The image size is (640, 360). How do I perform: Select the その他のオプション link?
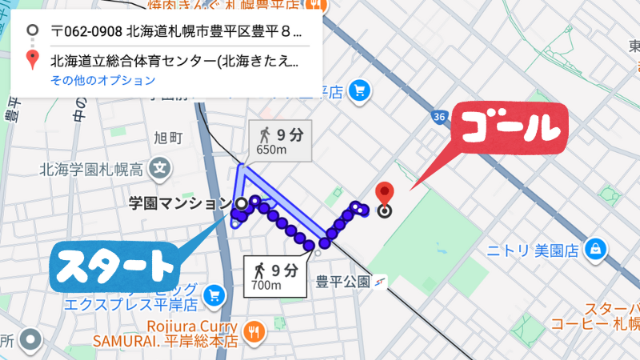point(102,81)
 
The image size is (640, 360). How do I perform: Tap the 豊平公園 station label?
point(342,282)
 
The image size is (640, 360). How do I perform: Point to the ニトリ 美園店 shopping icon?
point(594,250)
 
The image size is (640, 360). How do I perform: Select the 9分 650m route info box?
point(279,140)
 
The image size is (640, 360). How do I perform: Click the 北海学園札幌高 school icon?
point(161,170)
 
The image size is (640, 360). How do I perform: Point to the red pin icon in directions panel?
point(33,59)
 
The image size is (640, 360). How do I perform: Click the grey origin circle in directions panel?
point(33,32)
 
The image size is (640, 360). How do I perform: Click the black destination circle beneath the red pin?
point(385,212)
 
